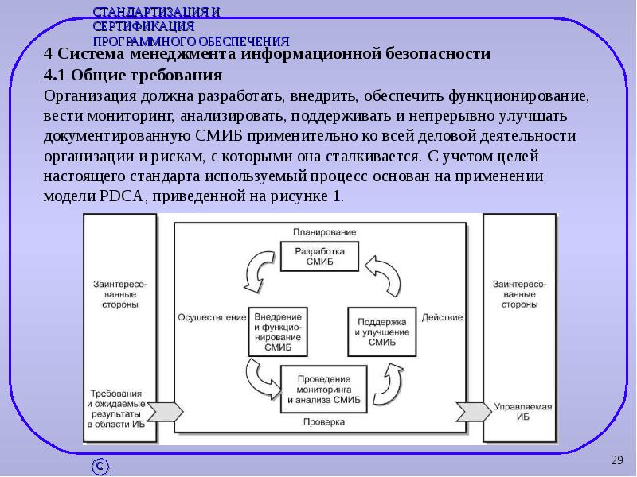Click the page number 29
(616, 460)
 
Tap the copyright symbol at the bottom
(100, 466)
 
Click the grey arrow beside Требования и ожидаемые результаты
(163, 411)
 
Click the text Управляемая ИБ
(522, 411)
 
